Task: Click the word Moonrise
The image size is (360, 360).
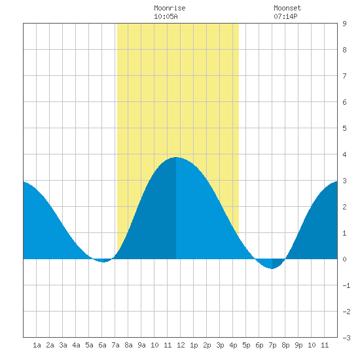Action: tap(170, 8)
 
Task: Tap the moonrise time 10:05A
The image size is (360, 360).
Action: tap(166, 16)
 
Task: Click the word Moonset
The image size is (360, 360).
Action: tap(287, 8)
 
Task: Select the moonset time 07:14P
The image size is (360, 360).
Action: tap(285, 16)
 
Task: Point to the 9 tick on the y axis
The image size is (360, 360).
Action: tap(344, 24)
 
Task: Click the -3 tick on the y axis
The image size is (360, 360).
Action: tap(346, 338)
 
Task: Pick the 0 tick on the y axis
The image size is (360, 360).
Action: tap(344, 259)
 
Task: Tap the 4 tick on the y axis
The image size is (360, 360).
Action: tap(344, 154)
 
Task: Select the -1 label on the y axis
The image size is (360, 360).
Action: tap(346, 285)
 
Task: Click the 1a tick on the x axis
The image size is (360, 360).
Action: tap(37, 345)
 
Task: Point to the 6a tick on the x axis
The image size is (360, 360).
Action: tap(102, 345)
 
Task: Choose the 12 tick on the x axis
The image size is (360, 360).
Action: tap(181, 345)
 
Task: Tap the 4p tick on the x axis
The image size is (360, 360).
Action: tap(233, 345)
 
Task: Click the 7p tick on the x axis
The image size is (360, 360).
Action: tap(272, 345)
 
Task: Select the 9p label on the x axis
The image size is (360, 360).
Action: tap(298, 345)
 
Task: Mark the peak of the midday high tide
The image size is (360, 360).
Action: tap(176, 157)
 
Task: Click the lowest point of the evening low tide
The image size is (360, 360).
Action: tap(272, 268)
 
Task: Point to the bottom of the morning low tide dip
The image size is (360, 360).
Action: tap(103, 262)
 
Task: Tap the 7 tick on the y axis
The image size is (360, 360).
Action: tap(344, 76)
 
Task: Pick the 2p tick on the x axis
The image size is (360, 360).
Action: tap(207, 345)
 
